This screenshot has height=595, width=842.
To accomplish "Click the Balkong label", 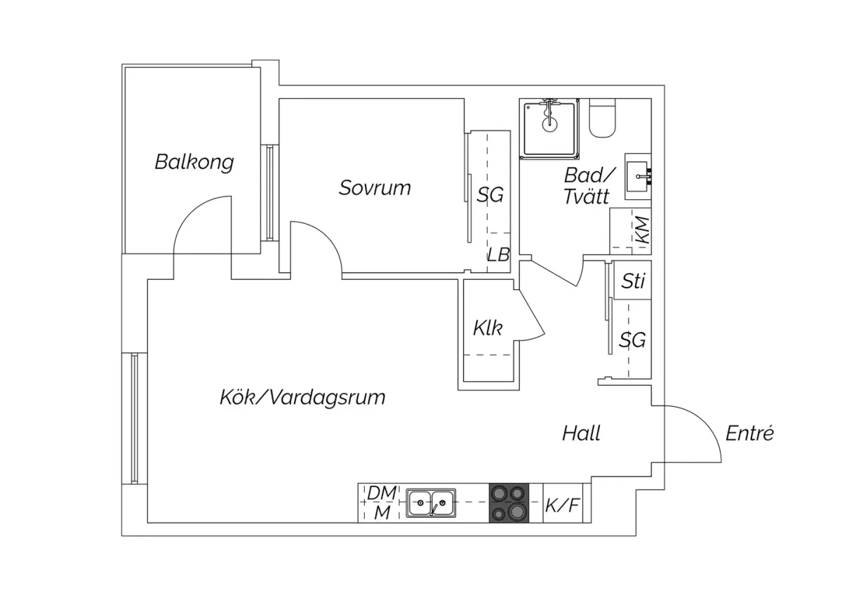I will tap(194, 163).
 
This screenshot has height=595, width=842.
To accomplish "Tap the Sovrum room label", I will tap(375, 188).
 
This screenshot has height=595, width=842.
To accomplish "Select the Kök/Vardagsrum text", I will tap(302, 398).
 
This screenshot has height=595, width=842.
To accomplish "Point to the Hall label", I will tap(581, 433).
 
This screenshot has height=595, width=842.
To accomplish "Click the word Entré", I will tap(749, 433).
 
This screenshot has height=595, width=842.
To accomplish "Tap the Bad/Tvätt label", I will tap(588, 186).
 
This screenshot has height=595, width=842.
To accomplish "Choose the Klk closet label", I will tap(488, 328).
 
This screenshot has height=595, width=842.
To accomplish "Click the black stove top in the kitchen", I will tap(509, 502).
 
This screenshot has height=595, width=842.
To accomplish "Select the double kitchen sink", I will tap(431, 502).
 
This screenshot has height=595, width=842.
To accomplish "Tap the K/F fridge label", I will tap(563, 504).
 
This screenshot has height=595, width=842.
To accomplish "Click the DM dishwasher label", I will tap(382, 494).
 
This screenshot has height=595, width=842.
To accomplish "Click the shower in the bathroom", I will tap(550, 126).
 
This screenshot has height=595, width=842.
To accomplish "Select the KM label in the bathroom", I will tap(641, 229).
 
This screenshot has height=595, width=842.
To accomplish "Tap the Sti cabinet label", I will tap(633, 281).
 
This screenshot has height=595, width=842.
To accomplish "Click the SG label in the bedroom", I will tap(490, 195).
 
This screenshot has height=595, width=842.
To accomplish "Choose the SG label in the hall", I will tap(632, 340).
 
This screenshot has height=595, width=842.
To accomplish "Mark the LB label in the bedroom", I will tap(498, 254).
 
